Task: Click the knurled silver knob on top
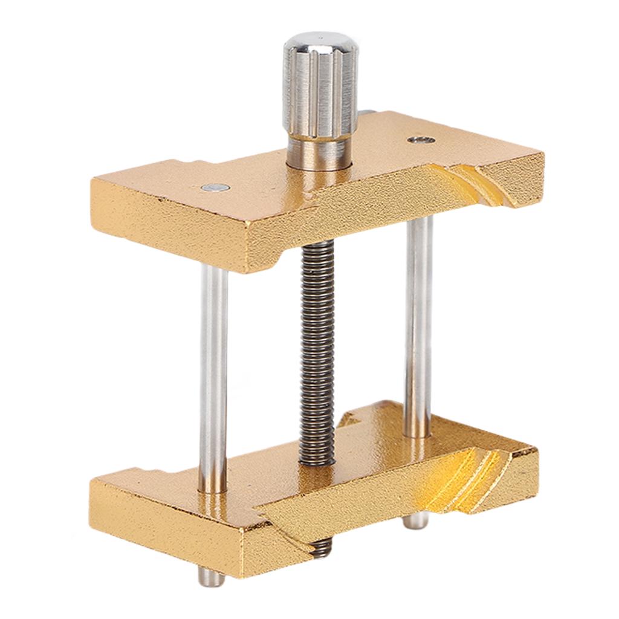[x=320, y=91]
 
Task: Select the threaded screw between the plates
[x=317, y=351]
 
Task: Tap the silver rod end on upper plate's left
[x=216, y=189]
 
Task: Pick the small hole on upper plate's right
[x=421, y=140]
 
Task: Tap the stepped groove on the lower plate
[x=465, y=478]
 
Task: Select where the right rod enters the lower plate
[x=417, y=432]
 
